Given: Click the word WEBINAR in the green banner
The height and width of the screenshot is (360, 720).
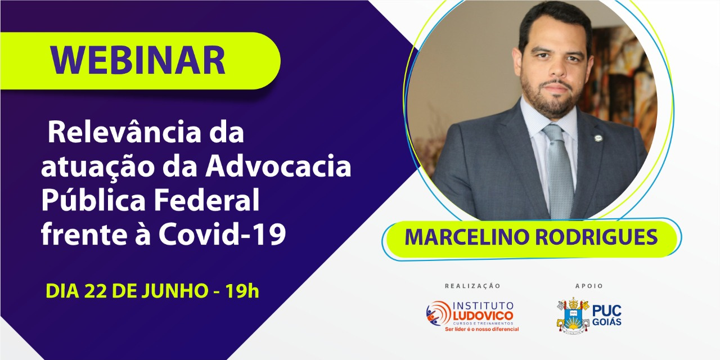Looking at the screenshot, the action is point(138,60).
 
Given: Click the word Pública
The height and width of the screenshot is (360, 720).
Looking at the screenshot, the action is point(93,200).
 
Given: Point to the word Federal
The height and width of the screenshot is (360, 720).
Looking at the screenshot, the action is point(206,200).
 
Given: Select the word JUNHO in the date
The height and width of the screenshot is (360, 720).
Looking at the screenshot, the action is point(175,291).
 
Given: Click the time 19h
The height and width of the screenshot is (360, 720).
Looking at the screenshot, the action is point(242,291).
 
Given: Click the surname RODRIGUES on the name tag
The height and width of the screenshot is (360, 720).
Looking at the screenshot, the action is point(596,237).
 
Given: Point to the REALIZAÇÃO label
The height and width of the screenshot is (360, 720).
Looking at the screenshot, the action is point(472,286).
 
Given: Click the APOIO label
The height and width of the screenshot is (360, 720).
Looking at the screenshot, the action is point(589,286).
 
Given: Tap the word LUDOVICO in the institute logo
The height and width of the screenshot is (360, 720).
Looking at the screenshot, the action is point(483,316).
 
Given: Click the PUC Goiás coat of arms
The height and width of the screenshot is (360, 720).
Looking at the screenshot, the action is point(573,316).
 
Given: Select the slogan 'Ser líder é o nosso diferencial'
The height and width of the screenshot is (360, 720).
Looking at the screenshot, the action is point(482,329).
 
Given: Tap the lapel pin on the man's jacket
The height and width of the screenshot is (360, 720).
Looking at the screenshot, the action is point(598,138).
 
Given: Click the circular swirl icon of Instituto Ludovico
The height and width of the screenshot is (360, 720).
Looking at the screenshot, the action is point(438,313).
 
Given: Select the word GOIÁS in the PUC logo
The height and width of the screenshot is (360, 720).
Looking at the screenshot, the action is point(607,322).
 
